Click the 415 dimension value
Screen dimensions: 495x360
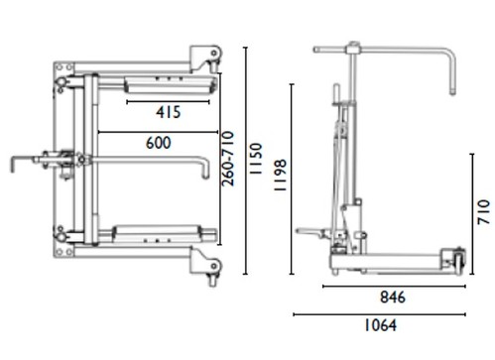click(x=169, y=112)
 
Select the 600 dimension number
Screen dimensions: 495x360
click(x=159, y=143)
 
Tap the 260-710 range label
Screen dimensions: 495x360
click(x=228, y=159)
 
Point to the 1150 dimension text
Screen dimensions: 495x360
click(x=256, y=159)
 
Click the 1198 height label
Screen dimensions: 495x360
click(x=280, y=176)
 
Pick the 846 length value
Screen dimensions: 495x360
click(x=393, y=298)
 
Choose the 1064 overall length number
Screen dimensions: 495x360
click(x=380, y=325)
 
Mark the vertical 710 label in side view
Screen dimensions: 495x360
click(x=483, y=212)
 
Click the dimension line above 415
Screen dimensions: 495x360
click(x=168, y=102)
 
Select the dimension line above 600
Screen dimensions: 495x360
click(x=158, y=132)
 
